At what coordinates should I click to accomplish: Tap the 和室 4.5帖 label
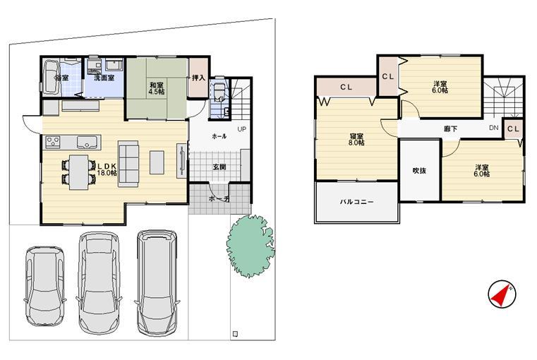coord(157,88)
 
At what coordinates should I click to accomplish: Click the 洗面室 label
coord(104,78)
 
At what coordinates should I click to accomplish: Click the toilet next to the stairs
coord(219,92)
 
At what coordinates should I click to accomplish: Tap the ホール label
coord(219,136)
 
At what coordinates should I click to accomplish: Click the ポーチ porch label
coord(219,199)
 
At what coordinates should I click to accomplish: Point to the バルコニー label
coord(356,201)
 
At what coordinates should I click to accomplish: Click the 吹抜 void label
coord(419,170)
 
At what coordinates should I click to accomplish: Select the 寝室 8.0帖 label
coord(356,139)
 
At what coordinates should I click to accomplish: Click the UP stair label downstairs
coord(241,130)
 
